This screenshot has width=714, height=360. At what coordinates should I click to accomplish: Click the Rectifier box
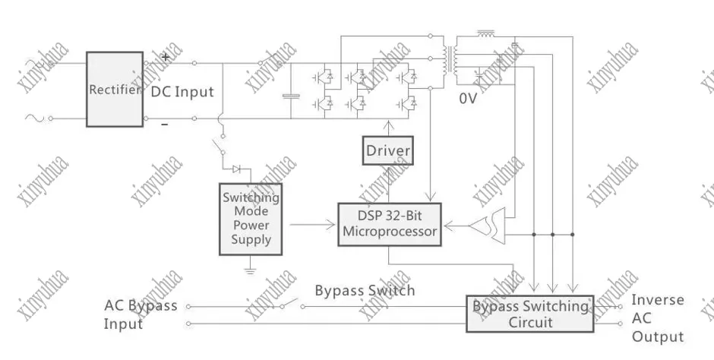tap(115, 89)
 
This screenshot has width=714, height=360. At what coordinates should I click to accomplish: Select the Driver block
tap(388, 151)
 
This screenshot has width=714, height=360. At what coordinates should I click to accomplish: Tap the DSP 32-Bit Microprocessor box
tap(390, 224)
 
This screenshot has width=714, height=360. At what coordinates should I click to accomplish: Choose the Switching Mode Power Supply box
tap(251, 219)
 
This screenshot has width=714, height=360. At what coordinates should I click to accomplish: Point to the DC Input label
tap(182, 92)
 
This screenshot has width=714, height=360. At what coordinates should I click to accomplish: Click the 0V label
tap(467, 98)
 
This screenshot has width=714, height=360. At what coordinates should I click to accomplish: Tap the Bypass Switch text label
tap(365, 290)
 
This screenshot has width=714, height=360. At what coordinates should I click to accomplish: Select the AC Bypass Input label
tap(141, 314)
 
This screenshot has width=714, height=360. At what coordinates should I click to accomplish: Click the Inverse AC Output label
tap(658, 318)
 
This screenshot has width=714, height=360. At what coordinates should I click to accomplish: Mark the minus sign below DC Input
tap(164, 123)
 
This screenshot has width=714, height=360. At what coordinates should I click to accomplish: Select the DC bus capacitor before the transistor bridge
tap(291, 96)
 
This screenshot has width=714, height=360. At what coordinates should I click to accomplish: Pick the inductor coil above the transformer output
tap(486, 35)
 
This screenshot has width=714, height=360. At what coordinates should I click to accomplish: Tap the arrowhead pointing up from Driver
tap(389, 125)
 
